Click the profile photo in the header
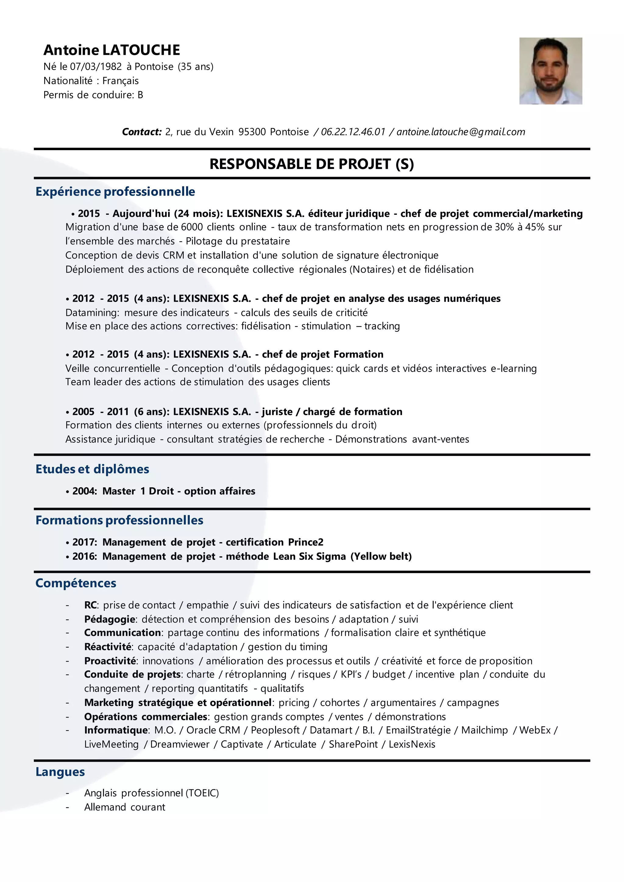550,71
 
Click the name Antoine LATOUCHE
112,50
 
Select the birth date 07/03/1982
96,67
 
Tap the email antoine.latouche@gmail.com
460,132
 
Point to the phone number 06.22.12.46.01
353,132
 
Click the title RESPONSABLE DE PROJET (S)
312,164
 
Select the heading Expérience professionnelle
115,192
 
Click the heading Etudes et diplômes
92,469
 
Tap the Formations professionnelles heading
119,520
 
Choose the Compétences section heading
76,583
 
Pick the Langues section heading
60,772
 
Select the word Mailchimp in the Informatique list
484,730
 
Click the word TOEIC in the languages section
202,793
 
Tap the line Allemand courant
125,807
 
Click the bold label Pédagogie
109,619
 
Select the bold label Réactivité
108,647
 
